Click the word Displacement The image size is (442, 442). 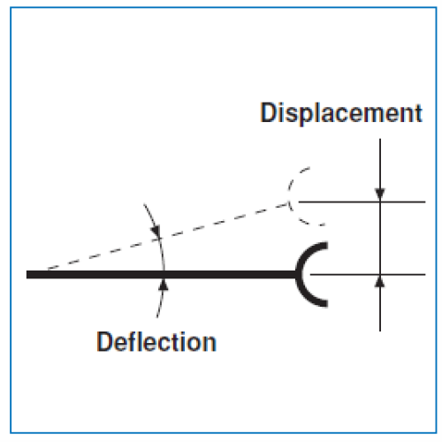pos(341,113)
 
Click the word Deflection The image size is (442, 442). pos(156,342)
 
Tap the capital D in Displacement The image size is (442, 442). pos(269,112)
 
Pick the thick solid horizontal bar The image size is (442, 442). pos(162,275)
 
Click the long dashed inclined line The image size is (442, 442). pos(168,236)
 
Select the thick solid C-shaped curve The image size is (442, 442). pos(307,275)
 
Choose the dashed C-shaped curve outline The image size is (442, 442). pos(290,196)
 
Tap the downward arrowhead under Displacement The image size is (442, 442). pos(380,195)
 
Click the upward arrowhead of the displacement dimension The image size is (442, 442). pos(380,281)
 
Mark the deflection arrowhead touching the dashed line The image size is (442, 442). pos(156,232)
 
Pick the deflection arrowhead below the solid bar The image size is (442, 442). pos(164,286)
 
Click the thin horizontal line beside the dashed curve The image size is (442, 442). pos(362,202)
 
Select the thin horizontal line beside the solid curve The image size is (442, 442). pos(368,275)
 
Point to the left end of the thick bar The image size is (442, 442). pos(27,275)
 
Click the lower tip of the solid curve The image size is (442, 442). pos(327,303)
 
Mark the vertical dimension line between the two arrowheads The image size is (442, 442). pos(380,238)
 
